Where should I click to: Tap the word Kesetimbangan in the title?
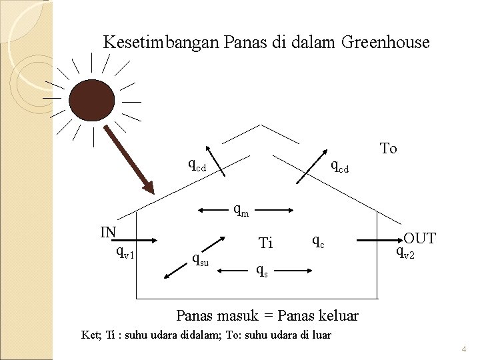click(x=159, y=43)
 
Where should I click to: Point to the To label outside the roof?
click(x=388, y=148)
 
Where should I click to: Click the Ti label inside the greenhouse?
click(x=265, y=244)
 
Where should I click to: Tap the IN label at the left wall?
click(x=109, y=232)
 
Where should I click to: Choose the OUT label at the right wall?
click(x=420, y=238)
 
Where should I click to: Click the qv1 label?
click(x=125, y=252)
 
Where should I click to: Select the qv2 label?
click(x=405, y=252)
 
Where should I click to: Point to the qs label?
click(x=264, y=271)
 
